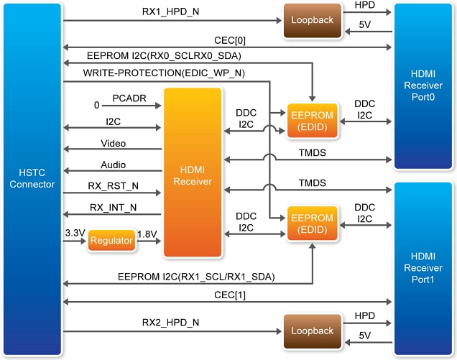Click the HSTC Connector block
(31, 179)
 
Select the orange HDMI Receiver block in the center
(192, 172)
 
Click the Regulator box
(111, 242)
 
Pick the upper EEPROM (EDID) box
(312, 120)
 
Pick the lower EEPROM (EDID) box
(312, 223)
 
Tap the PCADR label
(129, 97)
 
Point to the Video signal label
(113, 143)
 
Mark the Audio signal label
(113, 165)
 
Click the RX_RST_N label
(114, 186)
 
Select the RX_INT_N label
(114, 208)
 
